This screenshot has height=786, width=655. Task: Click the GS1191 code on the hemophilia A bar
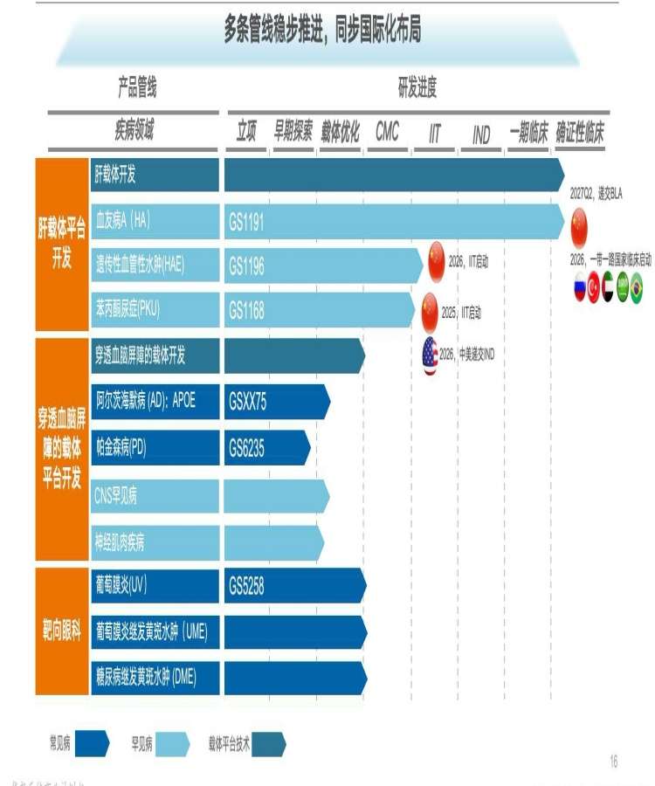tap(246, 223)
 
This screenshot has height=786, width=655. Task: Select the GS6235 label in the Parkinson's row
tap(246, 448)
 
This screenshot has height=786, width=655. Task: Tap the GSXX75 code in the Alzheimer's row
tap(248, 402)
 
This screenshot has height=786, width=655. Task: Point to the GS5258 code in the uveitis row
tap(246, 586)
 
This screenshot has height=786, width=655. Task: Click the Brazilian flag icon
tap(636, 287)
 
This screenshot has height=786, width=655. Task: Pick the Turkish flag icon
tap(594, 287)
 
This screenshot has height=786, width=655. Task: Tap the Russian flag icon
tap(579, 287)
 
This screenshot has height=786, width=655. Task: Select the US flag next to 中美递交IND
tap(430, 355)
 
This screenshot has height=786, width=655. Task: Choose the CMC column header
tap(387, 132)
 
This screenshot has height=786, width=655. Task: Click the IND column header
tap(481, 135)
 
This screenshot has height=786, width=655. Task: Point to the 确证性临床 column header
tap(580, 132)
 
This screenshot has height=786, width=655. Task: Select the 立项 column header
tap(246, 132)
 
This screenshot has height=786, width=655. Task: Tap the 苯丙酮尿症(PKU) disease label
tap(128, 309)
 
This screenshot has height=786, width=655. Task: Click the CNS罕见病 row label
tap(115, 496)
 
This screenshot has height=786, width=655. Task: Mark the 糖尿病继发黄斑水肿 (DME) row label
tap(147, 677)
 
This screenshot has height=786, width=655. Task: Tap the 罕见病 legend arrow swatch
tap(172, 744)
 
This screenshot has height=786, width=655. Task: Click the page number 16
tap(613, 762)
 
